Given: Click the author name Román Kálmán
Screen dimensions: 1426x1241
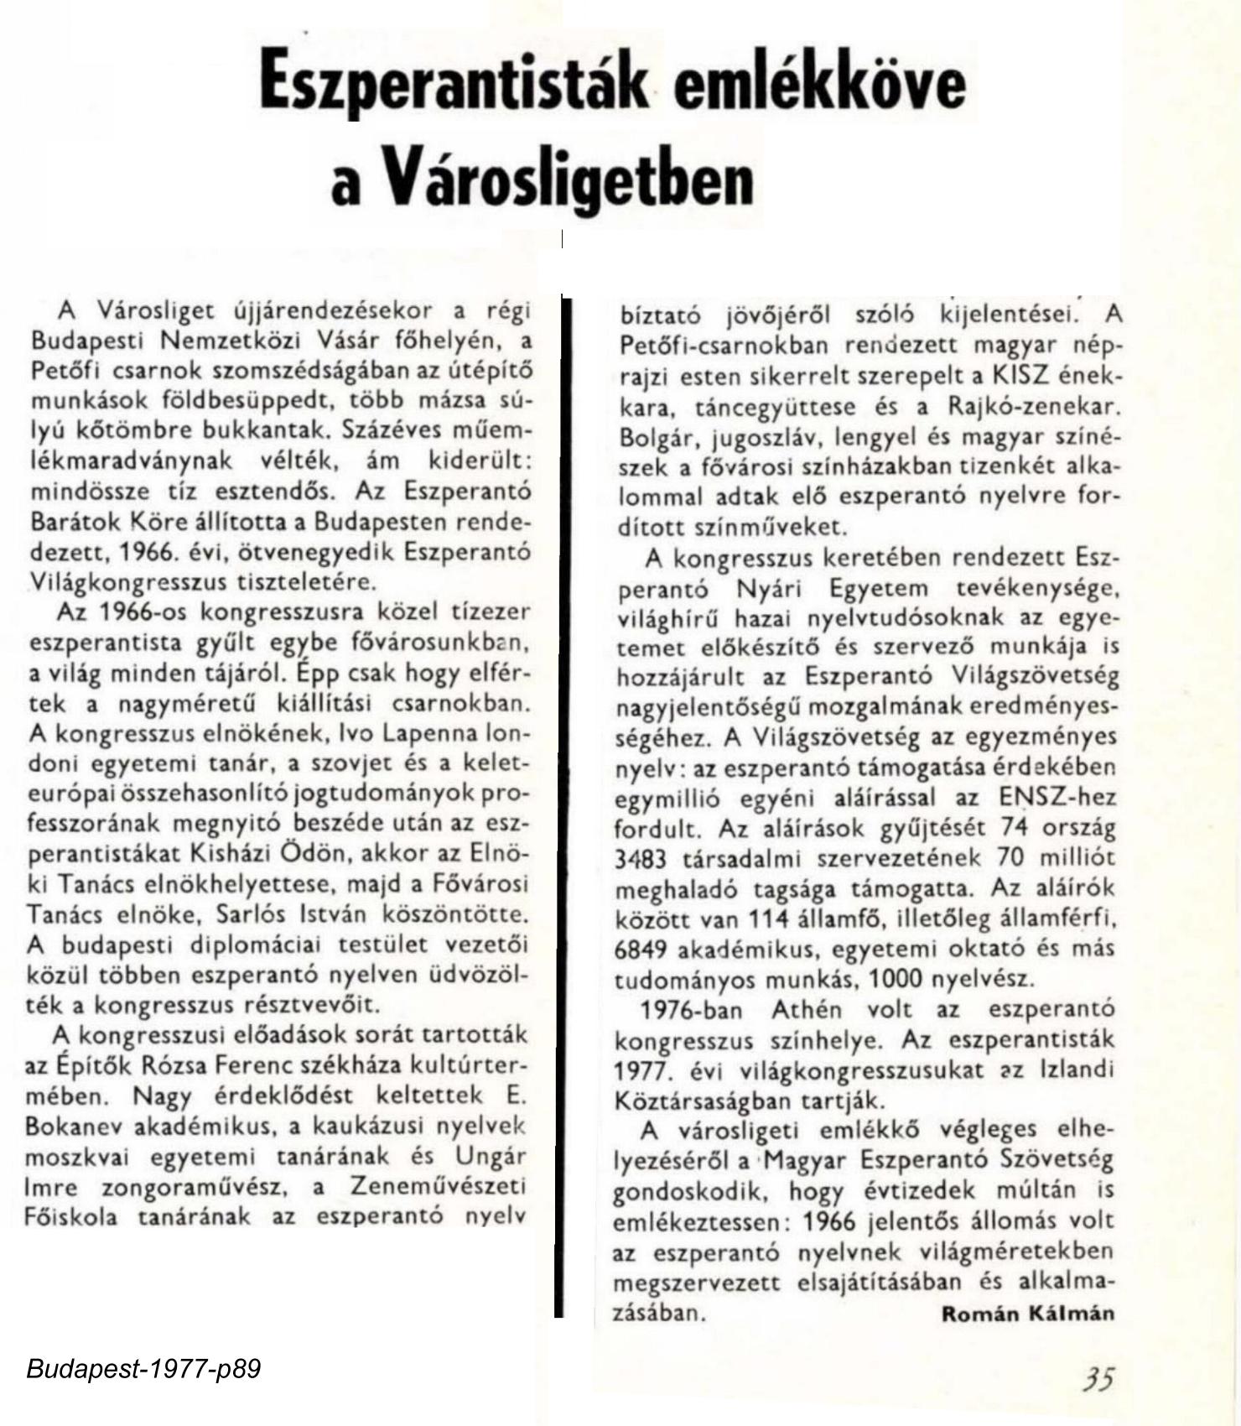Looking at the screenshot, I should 1028,1313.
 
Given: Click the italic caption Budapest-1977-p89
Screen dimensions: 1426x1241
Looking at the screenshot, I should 143,1370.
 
